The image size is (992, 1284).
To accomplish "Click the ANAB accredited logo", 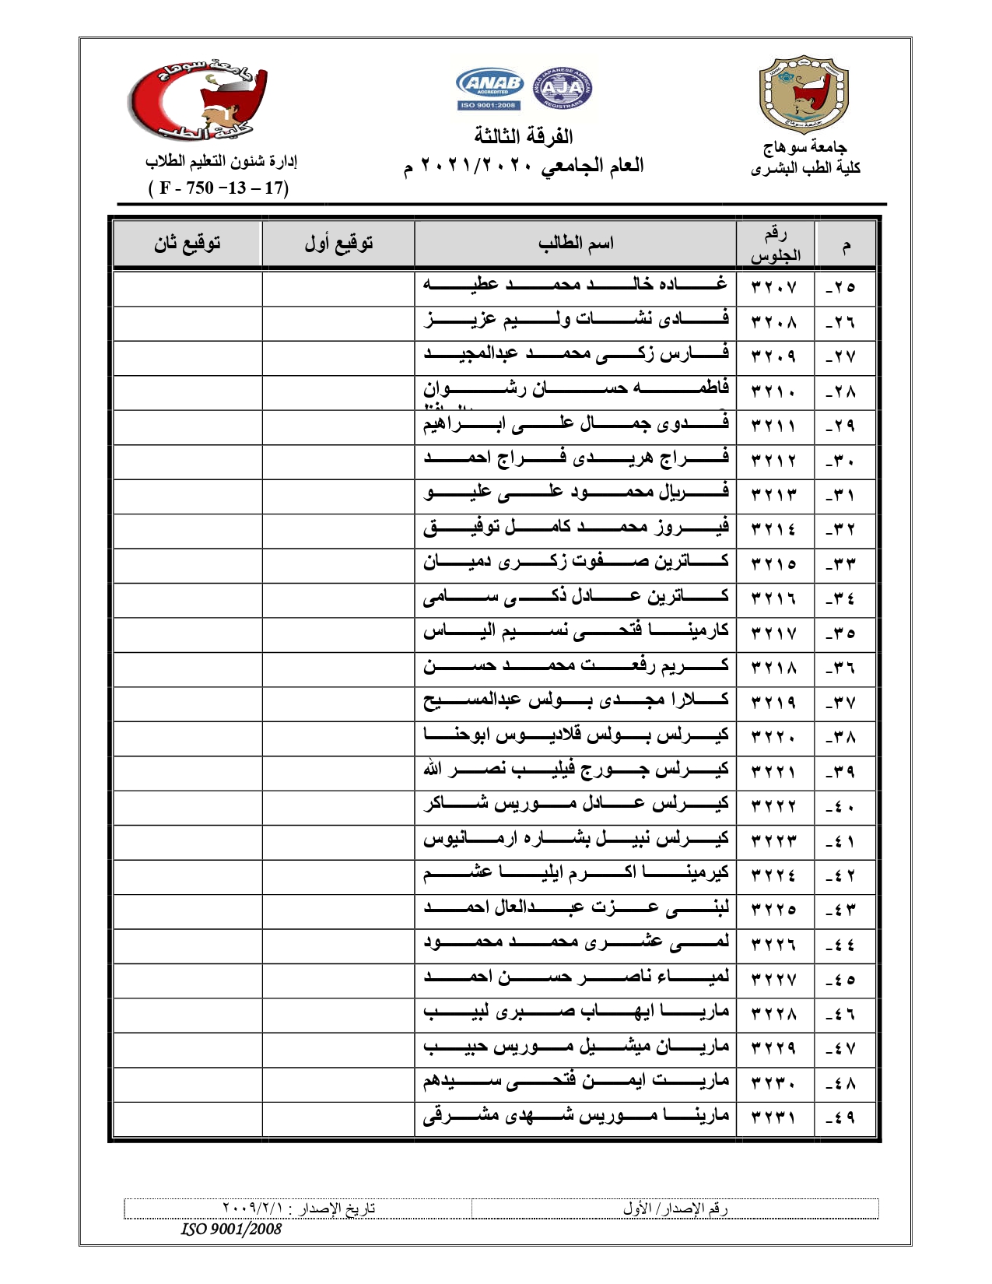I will (x=489, y=87).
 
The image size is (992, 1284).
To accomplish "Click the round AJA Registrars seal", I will (x=562, y=87).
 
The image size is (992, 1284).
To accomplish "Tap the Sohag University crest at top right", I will (x=803, y=93).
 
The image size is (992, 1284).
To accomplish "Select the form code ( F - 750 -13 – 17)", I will (x=219, y=188).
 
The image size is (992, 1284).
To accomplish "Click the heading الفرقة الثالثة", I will (x=524, y=137).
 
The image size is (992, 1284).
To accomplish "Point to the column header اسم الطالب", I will (x=576, y=244).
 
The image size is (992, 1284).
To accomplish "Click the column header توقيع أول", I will (x=338, y=244).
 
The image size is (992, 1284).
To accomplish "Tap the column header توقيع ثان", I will (x=187, y=244).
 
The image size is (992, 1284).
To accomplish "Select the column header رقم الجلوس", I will (x=775, y=244).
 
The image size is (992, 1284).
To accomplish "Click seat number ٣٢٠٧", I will (x=774, y=287).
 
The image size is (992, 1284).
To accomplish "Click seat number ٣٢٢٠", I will (x=774, y=736).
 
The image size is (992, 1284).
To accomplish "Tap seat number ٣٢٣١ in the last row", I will (x=774, y=1117).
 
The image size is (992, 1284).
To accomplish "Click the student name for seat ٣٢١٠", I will (x=576, y=388).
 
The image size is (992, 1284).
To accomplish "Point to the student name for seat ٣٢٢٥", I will (x=576, y=908).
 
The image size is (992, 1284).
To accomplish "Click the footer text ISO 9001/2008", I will (x=231, y=1230).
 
